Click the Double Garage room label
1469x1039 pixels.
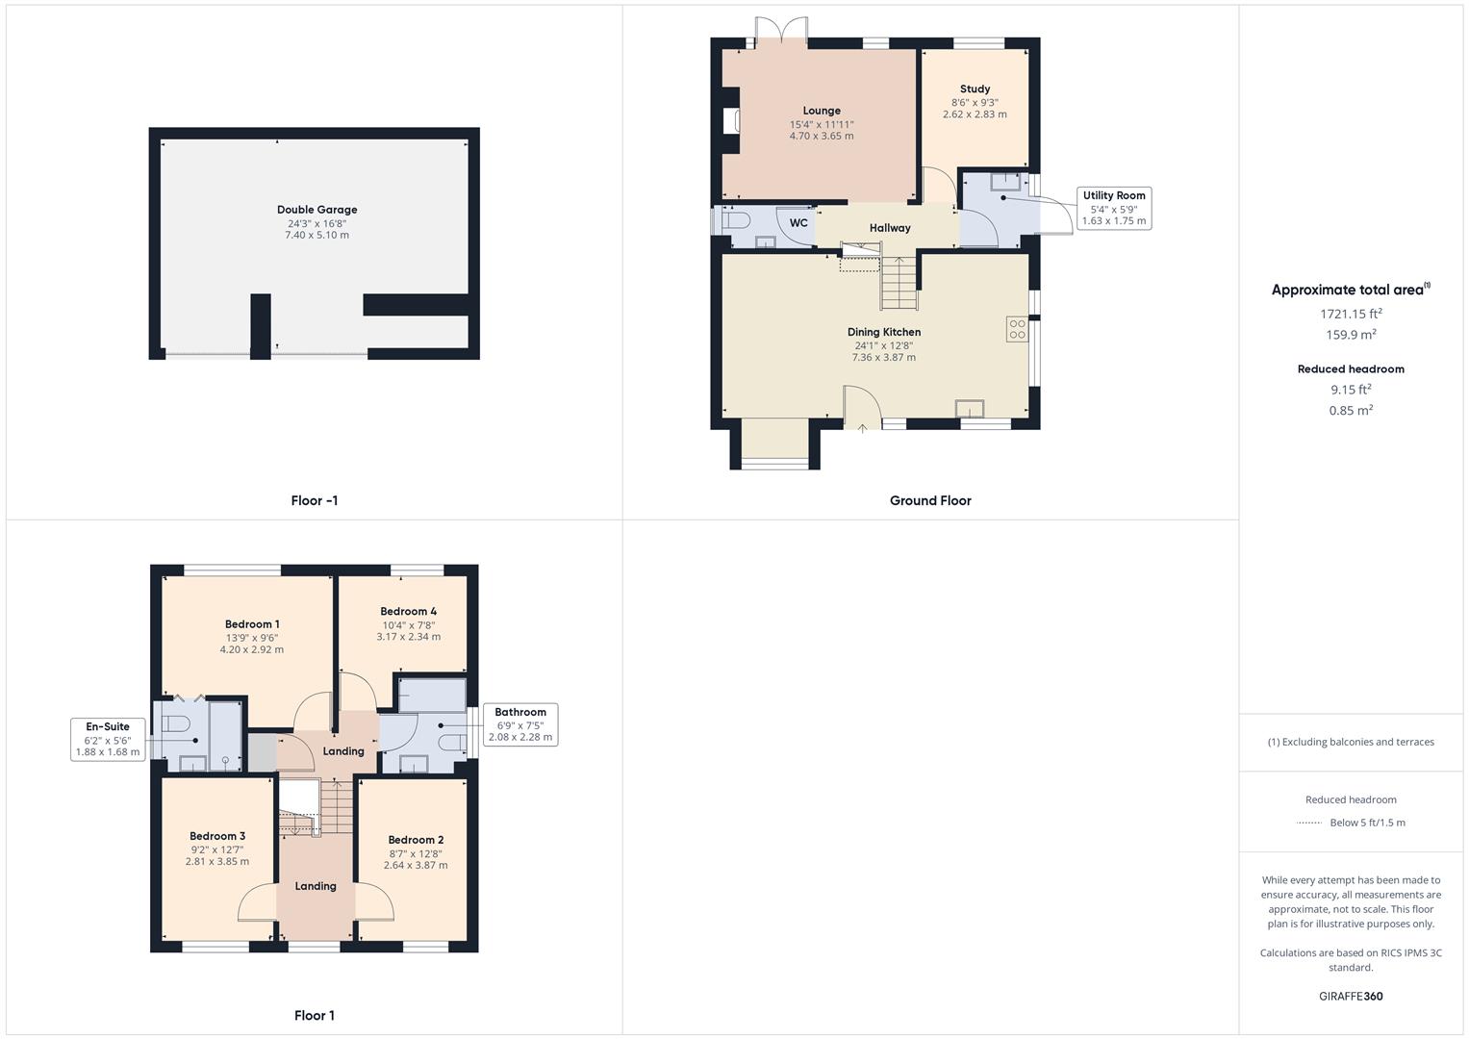(317, 210)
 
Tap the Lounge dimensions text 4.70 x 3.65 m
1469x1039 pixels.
(822, 137)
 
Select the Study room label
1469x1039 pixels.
(975, 89)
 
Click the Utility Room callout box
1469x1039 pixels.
(1114, 208)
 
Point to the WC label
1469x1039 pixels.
(798, 223)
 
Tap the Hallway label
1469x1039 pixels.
(890, 228)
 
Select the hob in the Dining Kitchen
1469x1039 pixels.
(1017, 329)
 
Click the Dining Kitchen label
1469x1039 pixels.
(883, 332)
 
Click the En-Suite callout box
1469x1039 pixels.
(108, 739)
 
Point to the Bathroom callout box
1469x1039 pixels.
(519, 724)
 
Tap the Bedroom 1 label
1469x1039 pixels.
(252, 624)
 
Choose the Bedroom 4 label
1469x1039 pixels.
(408, 611)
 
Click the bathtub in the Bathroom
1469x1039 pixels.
(431, 694)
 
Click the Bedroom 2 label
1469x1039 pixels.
(416, 840)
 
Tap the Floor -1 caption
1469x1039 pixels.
(315, 500)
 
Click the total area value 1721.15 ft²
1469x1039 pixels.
(1351, 314)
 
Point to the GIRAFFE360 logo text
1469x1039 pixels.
(1351, 997)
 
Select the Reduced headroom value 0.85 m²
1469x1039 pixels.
(1351, 411)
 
